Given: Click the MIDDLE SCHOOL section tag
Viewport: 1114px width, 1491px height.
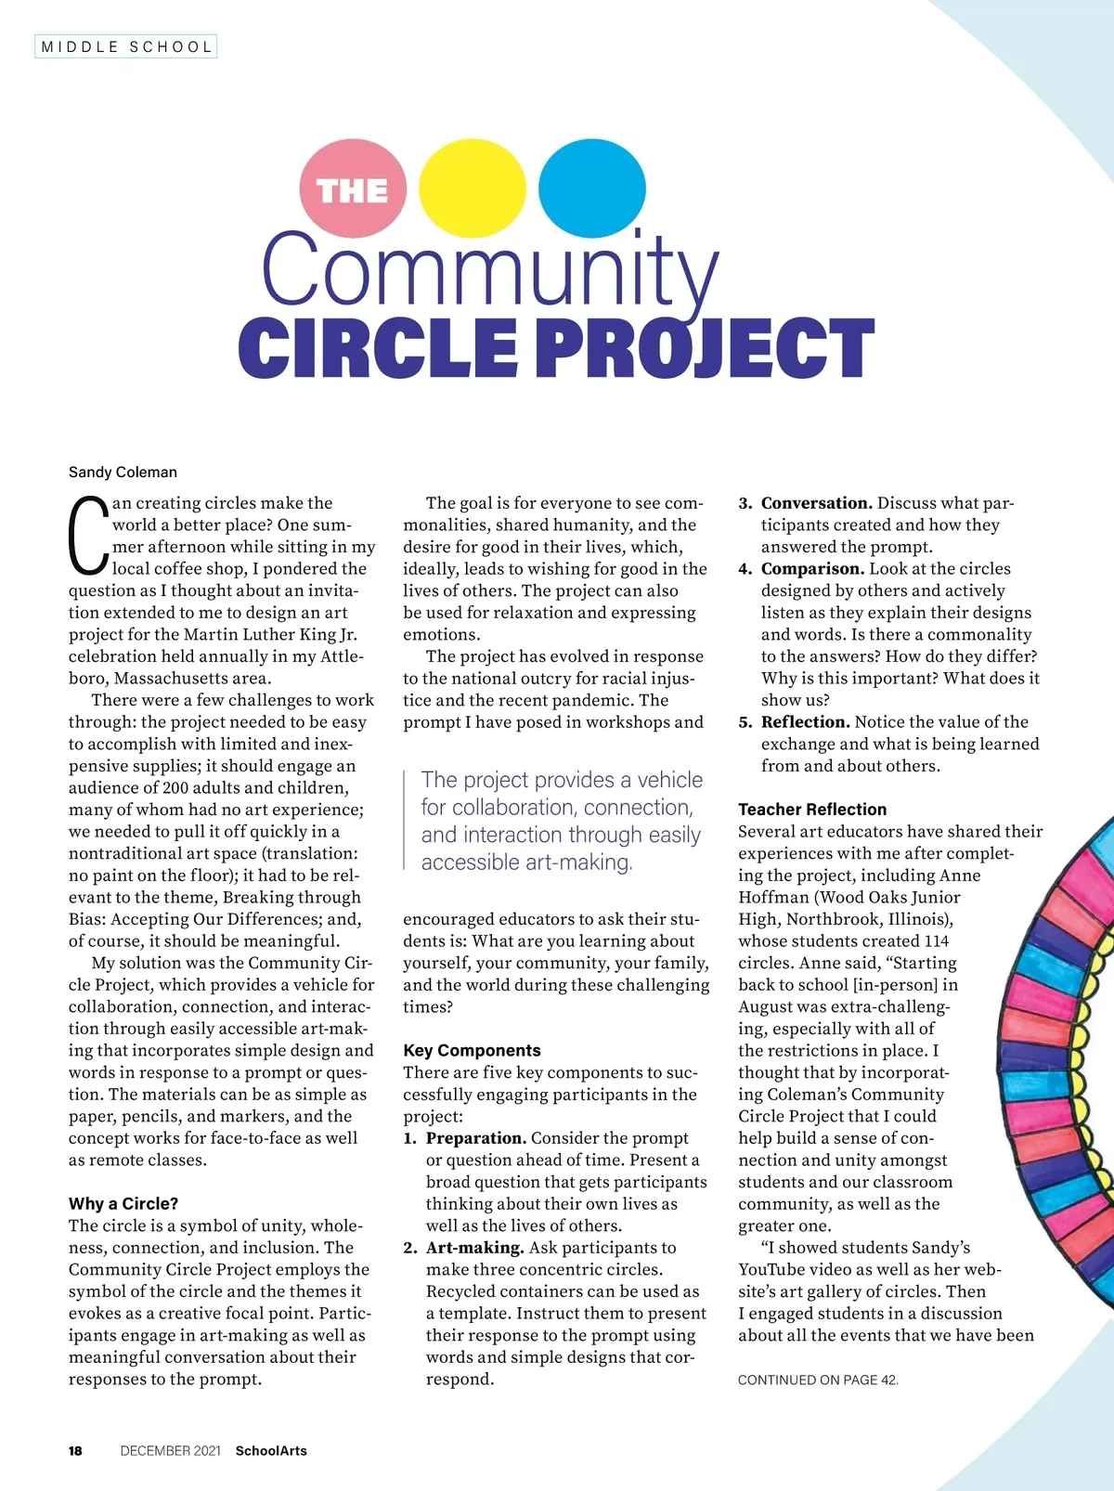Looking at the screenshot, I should [x=126, y=46].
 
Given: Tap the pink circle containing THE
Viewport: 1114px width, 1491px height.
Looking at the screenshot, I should [x=353, y=189].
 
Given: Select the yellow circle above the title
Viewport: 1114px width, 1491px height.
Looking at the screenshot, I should [x=473, y=188].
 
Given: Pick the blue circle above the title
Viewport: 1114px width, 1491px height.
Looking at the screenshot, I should [x=592, y=188].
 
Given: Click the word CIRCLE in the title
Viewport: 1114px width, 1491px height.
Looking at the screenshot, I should [x=378, y=349].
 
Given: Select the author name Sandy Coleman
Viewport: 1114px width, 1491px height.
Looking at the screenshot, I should [x=123, y=472].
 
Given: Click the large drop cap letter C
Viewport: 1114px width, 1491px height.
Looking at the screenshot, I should [x=89, y=536].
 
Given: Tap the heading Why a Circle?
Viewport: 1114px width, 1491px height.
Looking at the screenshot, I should [x=123, y=1204].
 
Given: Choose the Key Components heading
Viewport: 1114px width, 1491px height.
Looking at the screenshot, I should [x=472, y=1050].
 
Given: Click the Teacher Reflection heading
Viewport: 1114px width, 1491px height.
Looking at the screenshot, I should [x=812, y=809].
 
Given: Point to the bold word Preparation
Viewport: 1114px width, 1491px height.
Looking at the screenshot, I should [x=476, y=1138].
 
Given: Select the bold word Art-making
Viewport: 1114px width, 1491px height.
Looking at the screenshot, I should [x=475, y=1248].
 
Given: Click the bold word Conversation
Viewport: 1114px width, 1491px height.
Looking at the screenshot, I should [x=816, y=503].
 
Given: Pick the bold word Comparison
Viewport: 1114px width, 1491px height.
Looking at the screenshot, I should [x=812, y=568].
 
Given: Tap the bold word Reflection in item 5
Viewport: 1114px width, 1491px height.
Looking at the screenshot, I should [x=805, y=722].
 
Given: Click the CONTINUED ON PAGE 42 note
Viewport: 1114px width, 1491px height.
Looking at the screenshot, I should [x=818, y=1380].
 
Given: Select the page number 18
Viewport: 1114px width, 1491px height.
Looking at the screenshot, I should [x=75, y=1451].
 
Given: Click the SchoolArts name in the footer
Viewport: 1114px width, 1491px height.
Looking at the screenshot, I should [x=271, y=1451].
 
